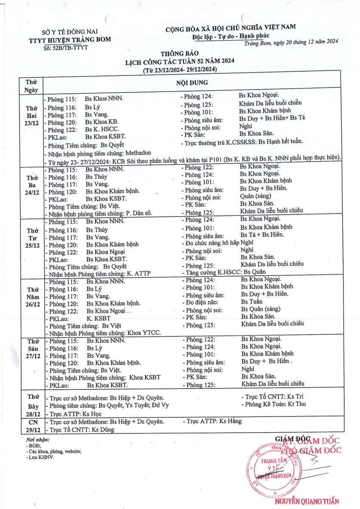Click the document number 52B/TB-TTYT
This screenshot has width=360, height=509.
click(x=65, y=47)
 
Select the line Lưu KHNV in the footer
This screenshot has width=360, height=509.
click(x=40, y=457)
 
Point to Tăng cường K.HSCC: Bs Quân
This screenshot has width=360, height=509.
click(x=218, y=272)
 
